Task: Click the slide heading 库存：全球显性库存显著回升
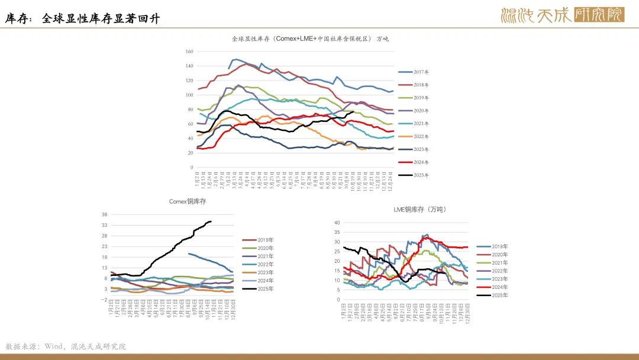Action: [83, 19]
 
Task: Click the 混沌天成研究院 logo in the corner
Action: [562, 14]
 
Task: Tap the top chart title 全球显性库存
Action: [311, 38]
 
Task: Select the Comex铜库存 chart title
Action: [188, 201]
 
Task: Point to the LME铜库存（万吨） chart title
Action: [419, 210]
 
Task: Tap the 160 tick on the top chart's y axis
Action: [189, 52]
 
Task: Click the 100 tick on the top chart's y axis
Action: [189, 95]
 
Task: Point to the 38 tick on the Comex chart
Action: [104, 214]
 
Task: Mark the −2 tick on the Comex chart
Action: [104, 300]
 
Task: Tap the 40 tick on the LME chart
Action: [337, 223]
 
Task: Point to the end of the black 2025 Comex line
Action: [211, 221]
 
